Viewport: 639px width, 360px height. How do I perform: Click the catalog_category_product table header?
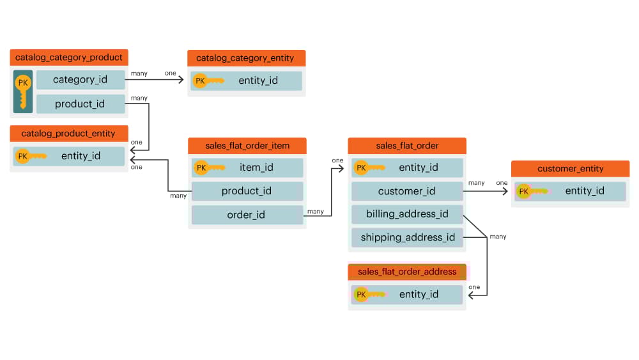[69, 58]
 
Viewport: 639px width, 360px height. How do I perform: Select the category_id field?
[80, 80]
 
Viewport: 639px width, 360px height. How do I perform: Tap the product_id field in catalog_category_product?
[80, 104]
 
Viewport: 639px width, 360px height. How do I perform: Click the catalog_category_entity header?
[246, 58]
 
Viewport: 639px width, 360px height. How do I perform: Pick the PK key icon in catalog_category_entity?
[208, 81]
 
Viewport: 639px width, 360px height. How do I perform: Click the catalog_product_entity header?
[68, 134]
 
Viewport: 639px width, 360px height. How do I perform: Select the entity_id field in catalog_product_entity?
[81, 156]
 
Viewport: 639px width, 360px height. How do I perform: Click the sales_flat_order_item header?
[247, 146]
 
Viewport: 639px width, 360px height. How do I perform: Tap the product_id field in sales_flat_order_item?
[247, 191]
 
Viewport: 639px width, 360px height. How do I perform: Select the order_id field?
[247, 215]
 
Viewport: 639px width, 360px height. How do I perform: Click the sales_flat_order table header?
[407, 146]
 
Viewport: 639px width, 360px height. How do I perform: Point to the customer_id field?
[406, 191]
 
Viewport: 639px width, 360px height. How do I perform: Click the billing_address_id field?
[406, 214]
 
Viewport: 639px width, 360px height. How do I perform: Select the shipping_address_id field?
[407, 238]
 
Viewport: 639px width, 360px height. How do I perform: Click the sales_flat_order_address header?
[407, 272]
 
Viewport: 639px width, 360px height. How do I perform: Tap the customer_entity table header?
[570, 169]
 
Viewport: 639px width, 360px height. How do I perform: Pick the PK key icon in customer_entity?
[532, 191]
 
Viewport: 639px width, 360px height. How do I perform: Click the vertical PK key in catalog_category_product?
[23, 91]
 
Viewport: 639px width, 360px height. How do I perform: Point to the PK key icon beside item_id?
[209, 168]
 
